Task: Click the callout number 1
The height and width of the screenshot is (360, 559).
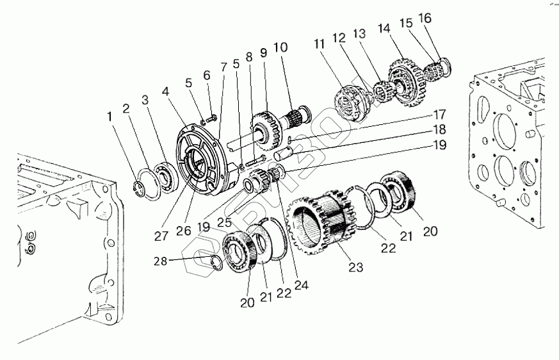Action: click(x=111, y=117)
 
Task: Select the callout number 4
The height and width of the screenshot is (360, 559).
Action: click(x=166, y=92)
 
